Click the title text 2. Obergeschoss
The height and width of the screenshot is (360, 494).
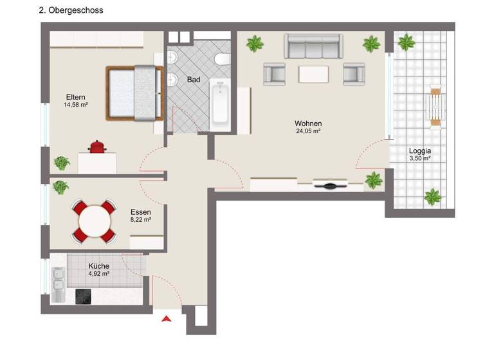[x=71, y=10]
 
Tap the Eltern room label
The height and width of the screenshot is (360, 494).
[x=75, y=97]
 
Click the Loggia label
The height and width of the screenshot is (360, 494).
[x=419, y=152]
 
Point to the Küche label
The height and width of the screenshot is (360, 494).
[x=98, y=265]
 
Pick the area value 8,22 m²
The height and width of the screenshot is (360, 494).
[x=140, y=220]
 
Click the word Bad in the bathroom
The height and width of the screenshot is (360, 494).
[x=194, y=80]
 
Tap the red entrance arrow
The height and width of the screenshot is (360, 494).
[x=167, y=318]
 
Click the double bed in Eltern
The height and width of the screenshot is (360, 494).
[x=134, y=93]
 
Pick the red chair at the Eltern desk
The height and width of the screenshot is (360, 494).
[x=97, y=147]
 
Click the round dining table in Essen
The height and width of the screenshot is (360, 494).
[x=95, y=220]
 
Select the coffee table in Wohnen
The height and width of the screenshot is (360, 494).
[x=313, y=74]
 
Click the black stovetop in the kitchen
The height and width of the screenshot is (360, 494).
[x=84, y=296]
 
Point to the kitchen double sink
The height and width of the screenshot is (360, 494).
[x=59, y=283]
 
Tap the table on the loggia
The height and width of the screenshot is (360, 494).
[x=435, y=106]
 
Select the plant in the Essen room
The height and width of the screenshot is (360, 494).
[x=60, y=187]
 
